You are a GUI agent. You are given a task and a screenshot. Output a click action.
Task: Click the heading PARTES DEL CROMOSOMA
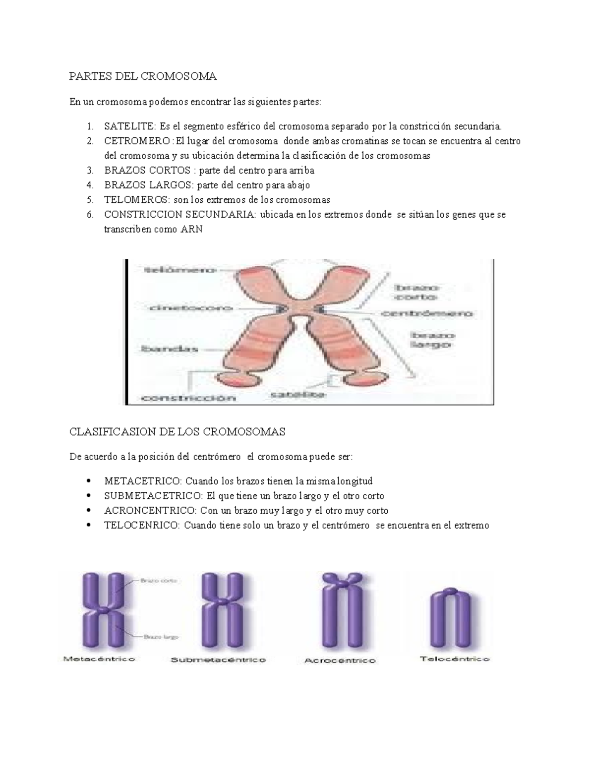click(x=143, y=76)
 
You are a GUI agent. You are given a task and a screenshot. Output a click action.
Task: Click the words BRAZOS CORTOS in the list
click(x=147, y=171)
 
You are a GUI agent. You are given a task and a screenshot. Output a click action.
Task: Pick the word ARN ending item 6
click(x=192, y=230)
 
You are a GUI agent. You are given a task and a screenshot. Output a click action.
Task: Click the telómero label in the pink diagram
click(x=179, y=270)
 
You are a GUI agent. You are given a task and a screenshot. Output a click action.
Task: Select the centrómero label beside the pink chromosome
click(x=427, y=313)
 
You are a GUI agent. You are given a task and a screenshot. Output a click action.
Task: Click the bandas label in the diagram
click(x=170, y=349)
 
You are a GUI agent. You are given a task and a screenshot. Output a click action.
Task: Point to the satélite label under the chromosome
click(x=297, y=394)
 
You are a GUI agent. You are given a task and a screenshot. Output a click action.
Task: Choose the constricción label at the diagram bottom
click(x=189, y=398)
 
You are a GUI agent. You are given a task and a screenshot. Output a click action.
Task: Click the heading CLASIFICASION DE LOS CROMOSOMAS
click(x=178, y=431)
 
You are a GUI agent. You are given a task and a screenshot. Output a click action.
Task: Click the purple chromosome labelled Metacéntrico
click(x=103, y=610)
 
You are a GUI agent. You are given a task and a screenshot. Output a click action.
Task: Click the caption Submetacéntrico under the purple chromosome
click(x=218, y=660)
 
